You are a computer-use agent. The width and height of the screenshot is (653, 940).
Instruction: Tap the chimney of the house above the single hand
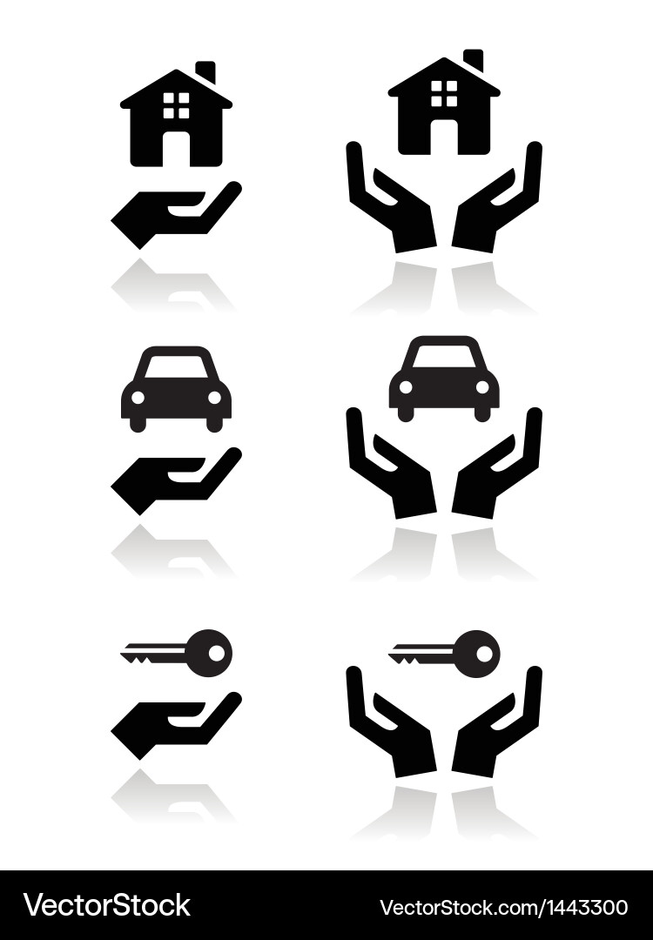[205, 72]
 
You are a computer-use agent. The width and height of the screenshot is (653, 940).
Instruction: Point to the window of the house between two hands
[444, 93]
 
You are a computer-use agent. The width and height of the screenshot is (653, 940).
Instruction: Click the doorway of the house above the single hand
[177, 148]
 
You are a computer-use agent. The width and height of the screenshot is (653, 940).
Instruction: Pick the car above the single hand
[177, 388]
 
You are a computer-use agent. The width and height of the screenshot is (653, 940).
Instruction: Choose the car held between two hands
[444, 378]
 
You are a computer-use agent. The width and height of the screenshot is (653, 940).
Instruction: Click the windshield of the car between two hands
[444, 357]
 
